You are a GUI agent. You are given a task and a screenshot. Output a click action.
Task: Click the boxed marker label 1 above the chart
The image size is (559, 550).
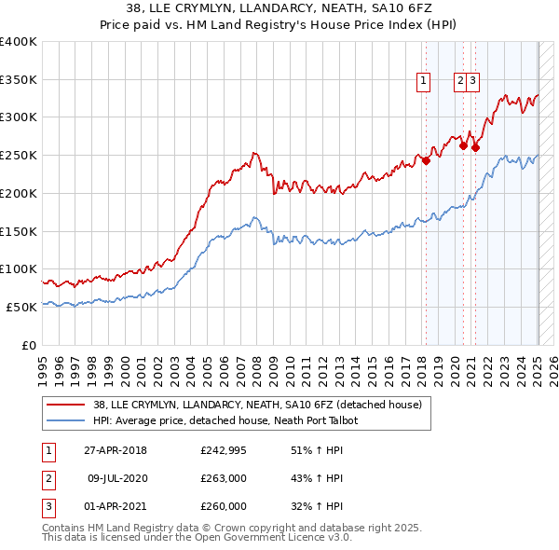pyautogui.click(x=423, y=81)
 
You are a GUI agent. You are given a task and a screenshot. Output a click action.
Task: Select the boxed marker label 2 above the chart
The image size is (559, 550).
pyautogui.click(x=460, y=81)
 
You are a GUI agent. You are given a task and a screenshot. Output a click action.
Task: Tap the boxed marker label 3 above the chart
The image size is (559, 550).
pyautogui.click(x=473, y=81)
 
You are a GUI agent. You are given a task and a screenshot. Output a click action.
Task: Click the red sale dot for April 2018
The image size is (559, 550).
pyautogui.click(x=426, y=160)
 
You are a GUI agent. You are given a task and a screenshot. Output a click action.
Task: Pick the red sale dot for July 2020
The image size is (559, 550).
pyautogui.click(x=463, y=145)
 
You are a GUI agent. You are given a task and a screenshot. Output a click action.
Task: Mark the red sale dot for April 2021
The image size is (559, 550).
pyautogui.click(x=475, y=147)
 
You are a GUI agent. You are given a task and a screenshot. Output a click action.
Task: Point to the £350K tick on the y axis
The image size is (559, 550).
pyautogui.click(x=19, y=80)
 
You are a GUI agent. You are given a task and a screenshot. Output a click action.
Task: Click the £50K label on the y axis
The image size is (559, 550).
pyautogui.click(x=22, y=307)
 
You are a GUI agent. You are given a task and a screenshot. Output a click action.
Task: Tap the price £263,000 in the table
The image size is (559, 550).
pyautogui.click(x=224, y=479)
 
